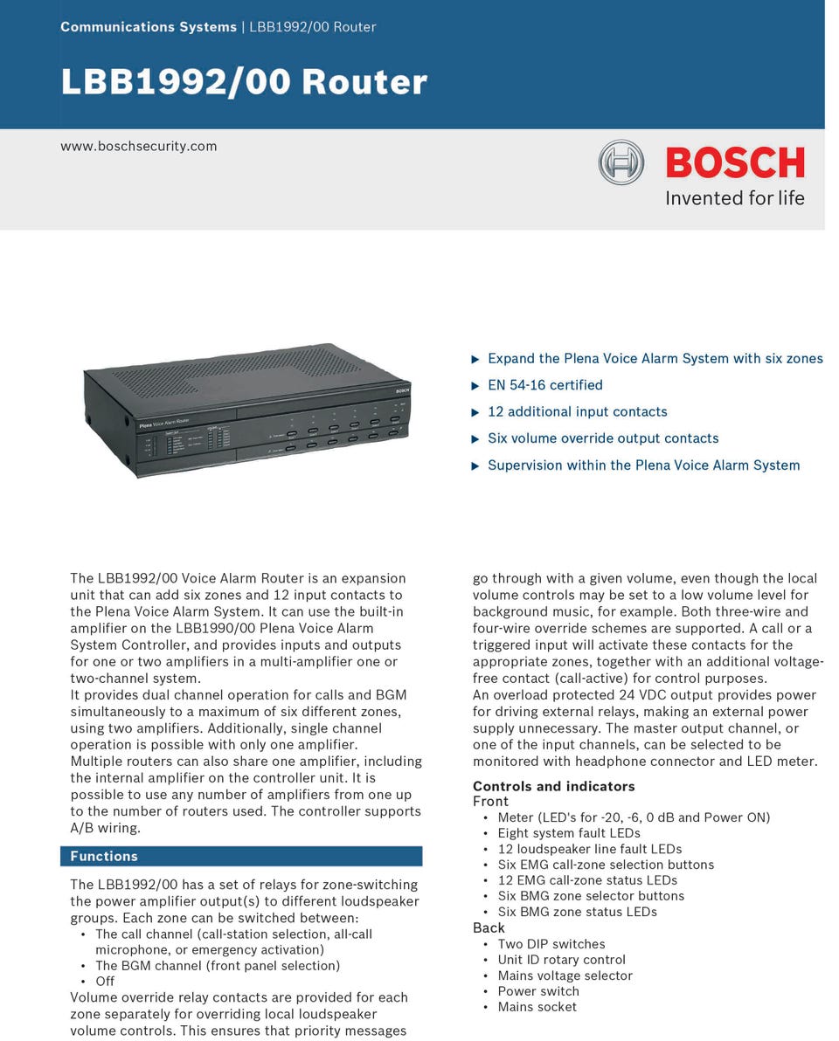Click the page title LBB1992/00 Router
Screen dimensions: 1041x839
244,81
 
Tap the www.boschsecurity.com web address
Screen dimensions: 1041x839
138,146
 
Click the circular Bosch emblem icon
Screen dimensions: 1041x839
621,162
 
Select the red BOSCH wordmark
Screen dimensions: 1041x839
734,163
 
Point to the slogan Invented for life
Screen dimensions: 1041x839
734,198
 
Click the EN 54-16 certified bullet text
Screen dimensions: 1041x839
544,385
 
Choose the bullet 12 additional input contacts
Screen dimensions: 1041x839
577,412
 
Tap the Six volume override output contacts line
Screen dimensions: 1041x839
603,438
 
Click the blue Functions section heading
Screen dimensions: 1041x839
104,856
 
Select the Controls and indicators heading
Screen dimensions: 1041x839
554,786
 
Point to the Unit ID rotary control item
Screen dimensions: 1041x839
561,960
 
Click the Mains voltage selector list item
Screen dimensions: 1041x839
565,976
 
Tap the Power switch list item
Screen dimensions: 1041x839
537,991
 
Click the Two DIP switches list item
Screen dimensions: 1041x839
551,944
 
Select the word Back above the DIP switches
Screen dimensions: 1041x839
489,927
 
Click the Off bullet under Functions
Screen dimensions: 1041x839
105,981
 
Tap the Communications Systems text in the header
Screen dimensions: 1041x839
148,27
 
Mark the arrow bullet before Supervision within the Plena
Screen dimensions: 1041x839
475,465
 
